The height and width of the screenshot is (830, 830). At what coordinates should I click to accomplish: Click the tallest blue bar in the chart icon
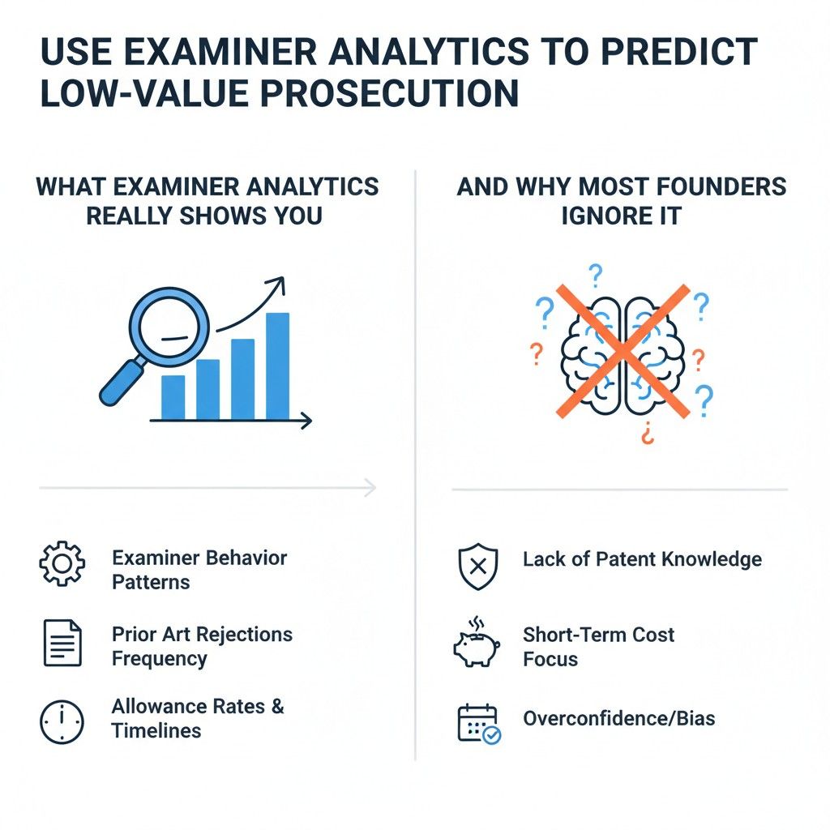[x=277, y=366]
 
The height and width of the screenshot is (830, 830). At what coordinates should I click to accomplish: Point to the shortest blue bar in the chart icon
[x=173, y=396]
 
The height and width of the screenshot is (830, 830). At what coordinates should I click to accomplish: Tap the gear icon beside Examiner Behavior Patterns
[x=62, y=565]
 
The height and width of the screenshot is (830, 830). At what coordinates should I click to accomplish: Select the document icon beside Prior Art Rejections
[x=62, y=642]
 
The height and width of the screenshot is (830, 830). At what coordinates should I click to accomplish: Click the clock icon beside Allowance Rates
[x=62, y=721]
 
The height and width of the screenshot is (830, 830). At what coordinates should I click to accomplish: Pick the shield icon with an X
[x=478, y=566]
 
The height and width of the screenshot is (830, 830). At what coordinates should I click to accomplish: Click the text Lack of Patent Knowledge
[x=642, y=559]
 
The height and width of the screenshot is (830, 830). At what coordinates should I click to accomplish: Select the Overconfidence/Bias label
[x=618, y=718]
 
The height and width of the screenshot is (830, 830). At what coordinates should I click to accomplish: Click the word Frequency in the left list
[x=160, y=659]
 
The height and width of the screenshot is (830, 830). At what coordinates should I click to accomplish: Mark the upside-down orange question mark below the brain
[x=646, y=435]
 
